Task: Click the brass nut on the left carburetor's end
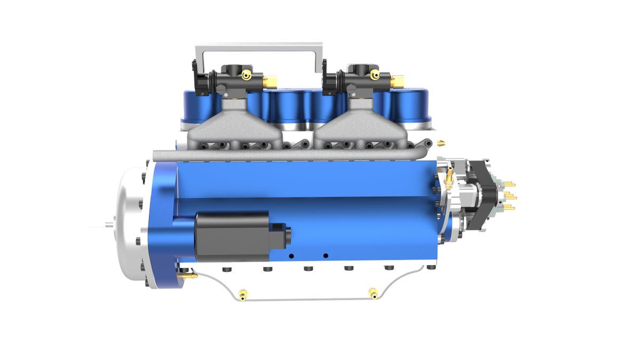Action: (270, 82)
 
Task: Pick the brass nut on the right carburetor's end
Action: (398, 82)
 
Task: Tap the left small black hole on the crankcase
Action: (291, 256)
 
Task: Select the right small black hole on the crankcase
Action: (325, 255)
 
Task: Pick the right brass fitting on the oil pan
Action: (373, 292)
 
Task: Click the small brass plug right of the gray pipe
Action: (441, 143)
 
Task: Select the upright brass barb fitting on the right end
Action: (450, 174)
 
